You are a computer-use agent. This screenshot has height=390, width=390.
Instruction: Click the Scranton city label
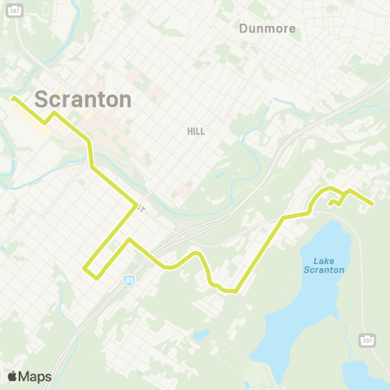click(x=83, y=99)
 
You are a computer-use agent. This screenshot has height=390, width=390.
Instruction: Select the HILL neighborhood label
click(x=196, y=131)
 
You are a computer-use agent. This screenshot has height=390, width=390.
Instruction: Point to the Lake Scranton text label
click(x=324, y=266)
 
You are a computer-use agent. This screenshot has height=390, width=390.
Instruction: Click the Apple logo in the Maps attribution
click(x=13, y=376)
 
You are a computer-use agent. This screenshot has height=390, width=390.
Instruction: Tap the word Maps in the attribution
click(x=35, y=376)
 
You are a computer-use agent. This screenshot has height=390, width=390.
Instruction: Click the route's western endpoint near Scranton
click(x=13, y=99)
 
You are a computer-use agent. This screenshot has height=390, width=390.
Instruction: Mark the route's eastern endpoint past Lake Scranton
click(x=371, y=204)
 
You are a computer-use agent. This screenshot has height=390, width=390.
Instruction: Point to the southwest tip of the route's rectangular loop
click(x=97, y=277)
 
